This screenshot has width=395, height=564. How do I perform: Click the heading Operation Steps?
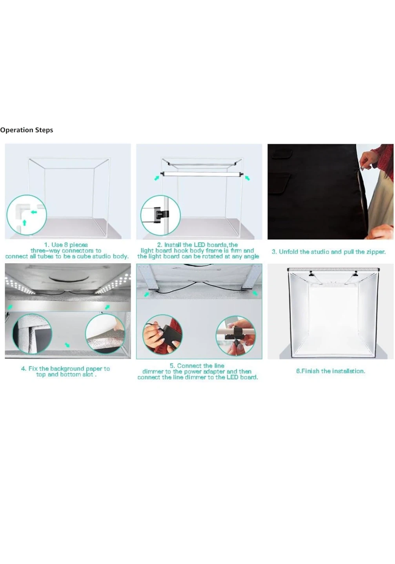click(27, 130)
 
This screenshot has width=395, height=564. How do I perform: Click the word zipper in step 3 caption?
click(375, 252)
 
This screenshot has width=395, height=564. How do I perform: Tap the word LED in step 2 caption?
click(199, 245)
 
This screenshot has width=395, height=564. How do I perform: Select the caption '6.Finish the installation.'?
click(330, 371)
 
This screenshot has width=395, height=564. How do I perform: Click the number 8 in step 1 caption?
click(66, 245)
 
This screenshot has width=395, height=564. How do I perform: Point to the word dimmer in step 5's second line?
click(153, 371)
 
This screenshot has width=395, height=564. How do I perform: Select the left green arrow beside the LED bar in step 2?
click(157, 178)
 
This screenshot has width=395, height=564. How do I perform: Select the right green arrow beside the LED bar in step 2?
click(247, 178)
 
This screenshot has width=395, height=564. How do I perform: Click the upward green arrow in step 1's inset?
click(24, 222)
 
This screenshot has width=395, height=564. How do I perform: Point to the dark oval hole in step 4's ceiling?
click(69, 277)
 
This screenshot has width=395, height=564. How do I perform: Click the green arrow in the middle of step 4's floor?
click(67, 345)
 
